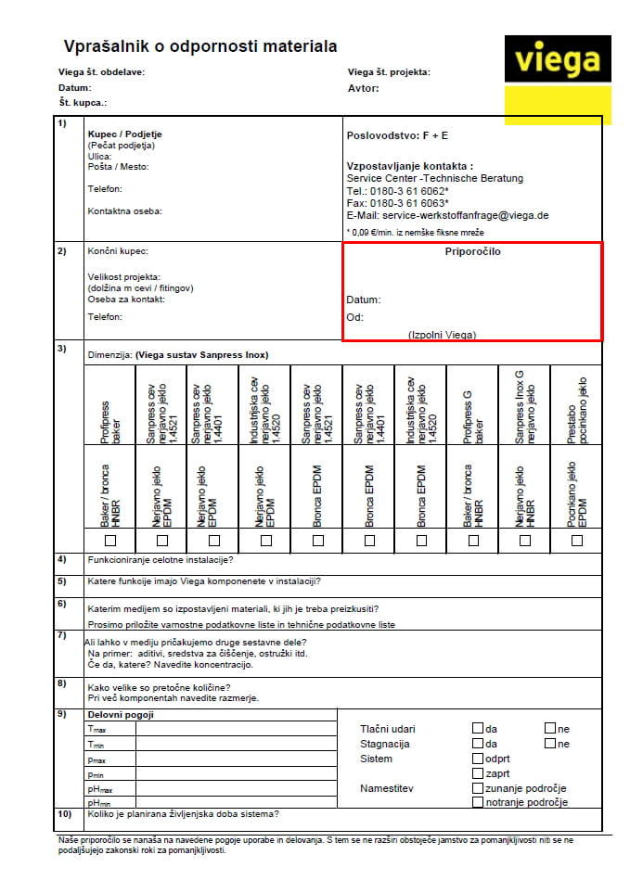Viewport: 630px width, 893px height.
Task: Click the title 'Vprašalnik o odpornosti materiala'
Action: (x=199, y=46)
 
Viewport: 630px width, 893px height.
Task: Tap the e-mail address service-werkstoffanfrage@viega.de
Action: (x=447, y=215)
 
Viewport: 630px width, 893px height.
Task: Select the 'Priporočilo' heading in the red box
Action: (x=473, y=251)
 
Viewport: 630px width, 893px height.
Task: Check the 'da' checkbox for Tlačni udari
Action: (x=478, y=728)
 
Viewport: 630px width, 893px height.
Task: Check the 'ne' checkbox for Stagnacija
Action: (x=550, y=743)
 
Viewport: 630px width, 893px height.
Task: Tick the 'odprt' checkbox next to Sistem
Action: (x=478, y=758)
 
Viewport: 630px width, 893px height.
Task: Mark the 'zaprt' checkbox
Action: (x=478, y=772)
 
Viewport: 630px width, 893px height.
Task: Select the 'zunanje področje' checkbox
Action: (x=478, y=787)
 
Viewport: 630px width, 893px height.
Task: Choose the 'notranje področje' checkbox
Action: (x=478, y=802)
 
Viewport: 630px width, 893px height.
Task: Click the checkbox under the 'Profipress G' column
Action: (x=473, y=540)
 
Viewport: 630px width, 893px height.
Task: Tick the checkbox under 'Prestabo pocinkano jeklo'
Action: (x=577, y=540)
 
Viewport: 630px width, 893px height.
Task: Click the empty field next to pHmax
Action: (x=236, y=787)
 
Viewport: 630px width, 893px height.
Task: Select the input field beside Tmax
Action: (x=236, y=729)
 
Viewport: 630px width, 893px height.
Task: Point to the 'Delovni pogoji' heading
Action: (x=120, y=714)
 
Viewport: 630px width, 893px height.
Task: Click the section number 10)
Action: (x=64, y=814)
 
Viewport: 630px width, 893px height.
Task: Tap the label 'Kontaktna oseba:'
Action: (x=124, y=210)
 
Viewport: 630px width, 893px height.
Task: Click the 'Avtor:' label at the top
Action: (x=363, y=89)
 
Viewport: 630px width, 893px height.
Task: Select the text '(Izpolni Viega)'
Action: (x=443, y=334)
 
